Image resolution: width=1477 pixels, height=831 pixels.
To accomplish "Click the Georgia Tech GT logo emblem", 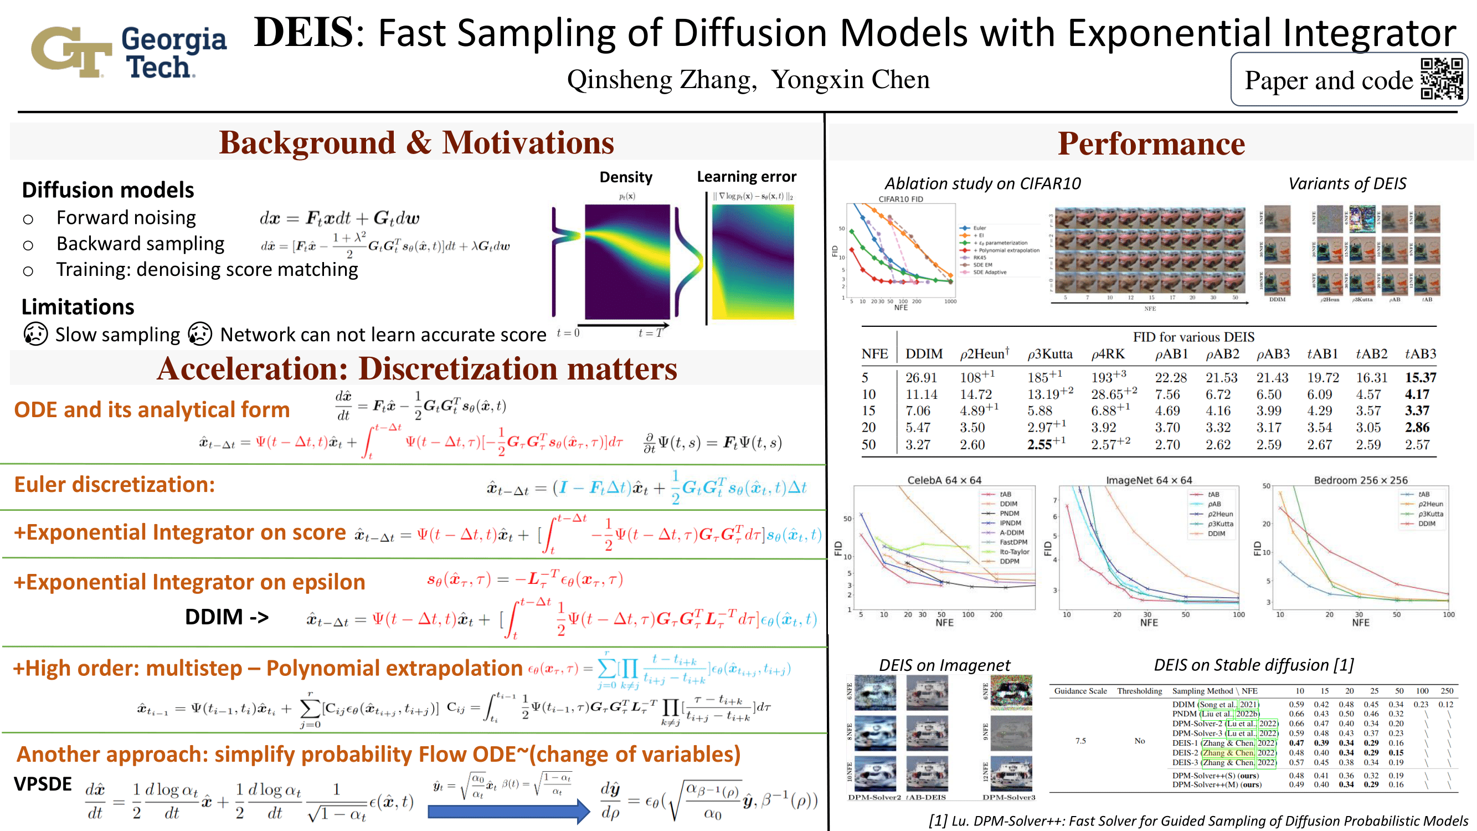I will pos(71,51).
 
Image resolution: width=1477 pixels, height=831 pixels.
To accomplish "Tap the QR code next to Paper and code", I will pos(1442,79).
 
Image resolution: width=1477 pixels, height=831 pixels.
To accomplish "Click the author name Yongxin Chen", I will pos(850,80).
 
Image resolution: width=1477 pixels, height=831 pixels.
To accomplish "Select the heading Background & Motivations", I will pos(416,143).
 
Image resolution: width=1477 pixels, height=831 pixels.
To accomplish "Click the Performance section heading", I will pos(1151,143).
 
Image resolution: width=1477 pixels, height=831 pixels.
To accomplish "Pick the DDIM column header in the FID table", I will pos(924,354).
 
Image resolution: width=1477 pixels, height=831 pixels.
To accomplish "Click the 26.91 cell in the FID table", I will pos(921,377).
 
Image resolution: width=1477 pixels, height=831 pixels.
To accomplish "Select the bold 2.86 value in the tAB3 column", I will pos(1417,427).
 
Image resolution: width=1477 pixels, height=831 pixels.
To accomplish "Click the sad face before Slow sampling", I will pos(35,334).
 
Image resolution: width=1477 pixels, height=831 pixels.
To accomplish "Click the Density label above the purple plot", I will pos(626,177).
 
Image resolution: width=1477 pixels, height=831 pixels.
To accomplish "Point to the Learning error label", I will pos(747,177).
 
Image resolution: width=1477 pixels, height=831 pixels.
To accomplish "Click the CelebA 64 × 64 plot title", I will pos(944,480).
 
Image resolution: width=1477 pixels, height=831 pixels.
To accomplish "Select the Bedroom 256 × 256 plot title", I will pos(1360,480).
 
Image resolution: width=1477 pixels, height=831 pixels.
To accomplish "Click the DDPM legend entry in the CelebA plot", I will pos(1009,561).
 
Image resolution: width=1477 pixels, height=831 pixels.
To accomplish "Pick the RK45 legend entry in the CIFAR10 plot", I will pos(979,258).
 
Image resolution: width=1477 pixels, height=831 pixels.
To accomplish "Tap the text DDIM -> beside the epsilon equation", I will pos(227,617).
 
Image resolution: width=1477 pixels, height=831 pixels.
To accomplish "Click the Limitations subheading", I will pos(78,307).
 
